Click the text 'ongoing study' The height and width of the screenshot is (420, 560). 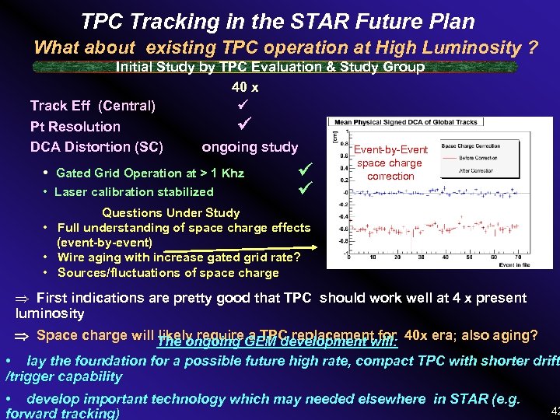coord(250,147)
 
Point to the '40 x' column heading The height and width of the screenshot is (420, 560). coord(244,87)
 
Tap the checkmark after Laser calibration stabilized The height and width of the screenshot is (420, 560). coord(305,188)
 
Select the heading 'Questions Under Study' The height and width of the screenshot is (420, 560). coord(171,212)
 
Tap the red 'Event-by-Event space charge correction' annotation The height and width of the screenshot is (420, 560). coord(390,163)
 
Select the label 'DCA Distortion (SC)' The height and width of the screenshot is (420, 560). coord(96,147)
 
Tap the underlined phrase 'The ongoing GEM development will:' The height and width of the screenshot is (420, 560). coord(277,341)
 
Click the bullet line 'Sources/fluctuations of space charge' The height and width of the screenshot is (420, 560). coord(167,272)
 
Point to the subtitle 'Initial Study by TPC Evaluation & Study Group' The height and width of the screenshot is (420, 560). coord(270,67)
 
